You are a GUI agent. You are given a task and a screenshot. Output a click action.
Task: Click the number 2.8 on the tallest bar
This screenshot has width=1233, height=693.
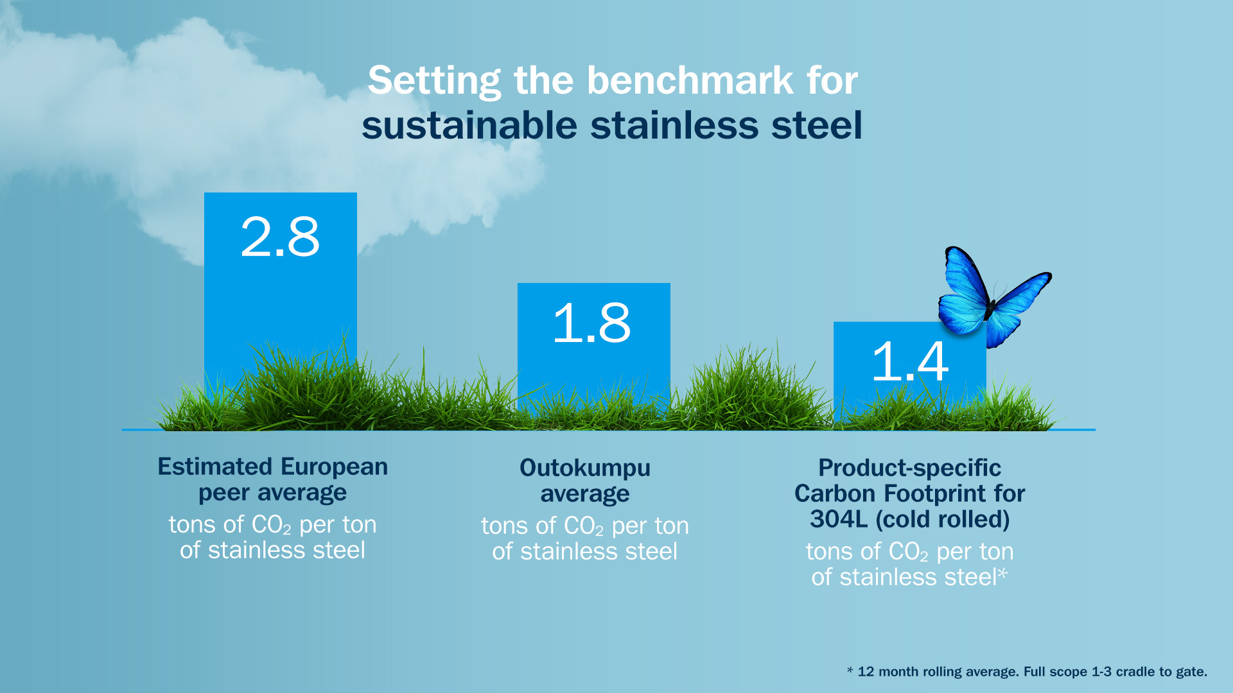point(280,237)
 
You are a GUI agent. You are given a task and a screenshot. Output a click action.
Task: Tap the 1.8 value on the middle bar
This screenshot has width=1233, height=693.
point(591,323)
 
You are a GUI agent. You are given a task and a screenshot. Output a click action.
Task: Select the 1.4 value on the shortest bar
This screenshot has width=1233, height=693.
point(910,361)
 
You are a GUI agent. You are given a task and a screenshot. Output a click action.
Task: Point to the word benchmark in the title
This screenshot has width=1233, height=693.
point(690,81)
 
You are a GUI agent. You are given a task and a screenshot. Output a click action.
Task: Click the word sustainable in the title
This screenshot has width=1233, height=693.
point(469,125)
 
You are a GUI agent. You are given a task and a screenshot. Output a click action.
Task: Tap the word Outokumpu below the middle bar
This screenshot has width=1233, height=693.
point(584,468)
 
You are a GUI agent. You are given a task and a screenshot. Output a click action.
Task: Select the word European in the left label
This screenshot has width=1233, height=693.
point(334,466)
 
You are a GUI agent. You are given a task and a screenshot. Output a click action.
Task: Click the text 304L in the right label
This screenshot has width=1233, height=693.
point(838,519)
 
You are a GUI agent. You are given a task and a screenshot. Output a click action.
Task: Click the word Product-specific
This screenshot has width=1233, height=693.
point(909,468)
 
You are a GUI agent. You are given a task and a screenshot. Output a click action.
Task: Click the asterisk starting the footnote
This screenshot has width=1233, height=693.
point(850,671)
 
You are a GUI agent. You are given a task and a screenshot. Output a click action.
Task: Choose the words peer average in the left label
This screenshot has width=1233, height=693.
point(272,493)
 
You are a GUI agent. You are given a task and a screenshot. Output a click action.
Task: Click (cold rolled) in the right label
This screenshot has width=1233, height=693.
point(942,519)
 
